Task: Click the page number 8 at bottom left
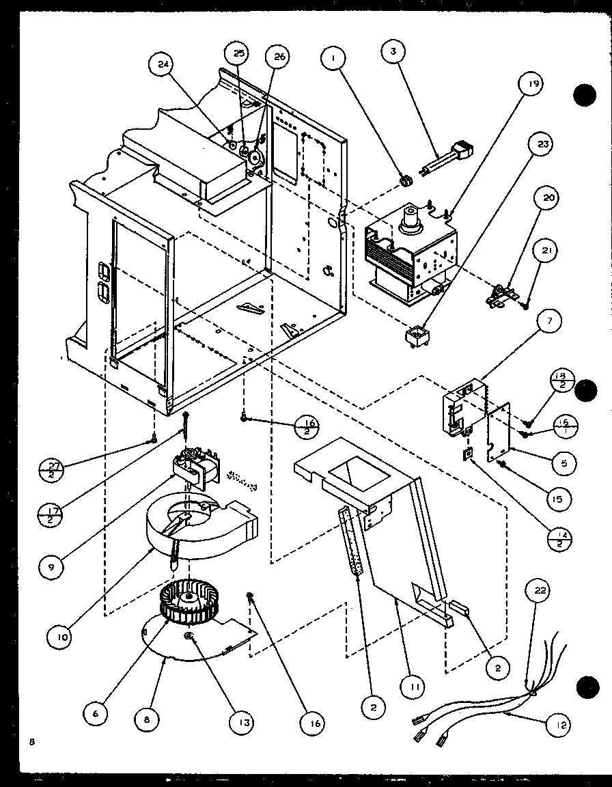pyautogui.click(x=32, y=741)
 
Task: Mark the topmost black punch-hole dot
pyautogui.click(x=585, y=95)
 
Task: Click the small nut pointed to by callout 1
pyautogui.click(x=405, y=180)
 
